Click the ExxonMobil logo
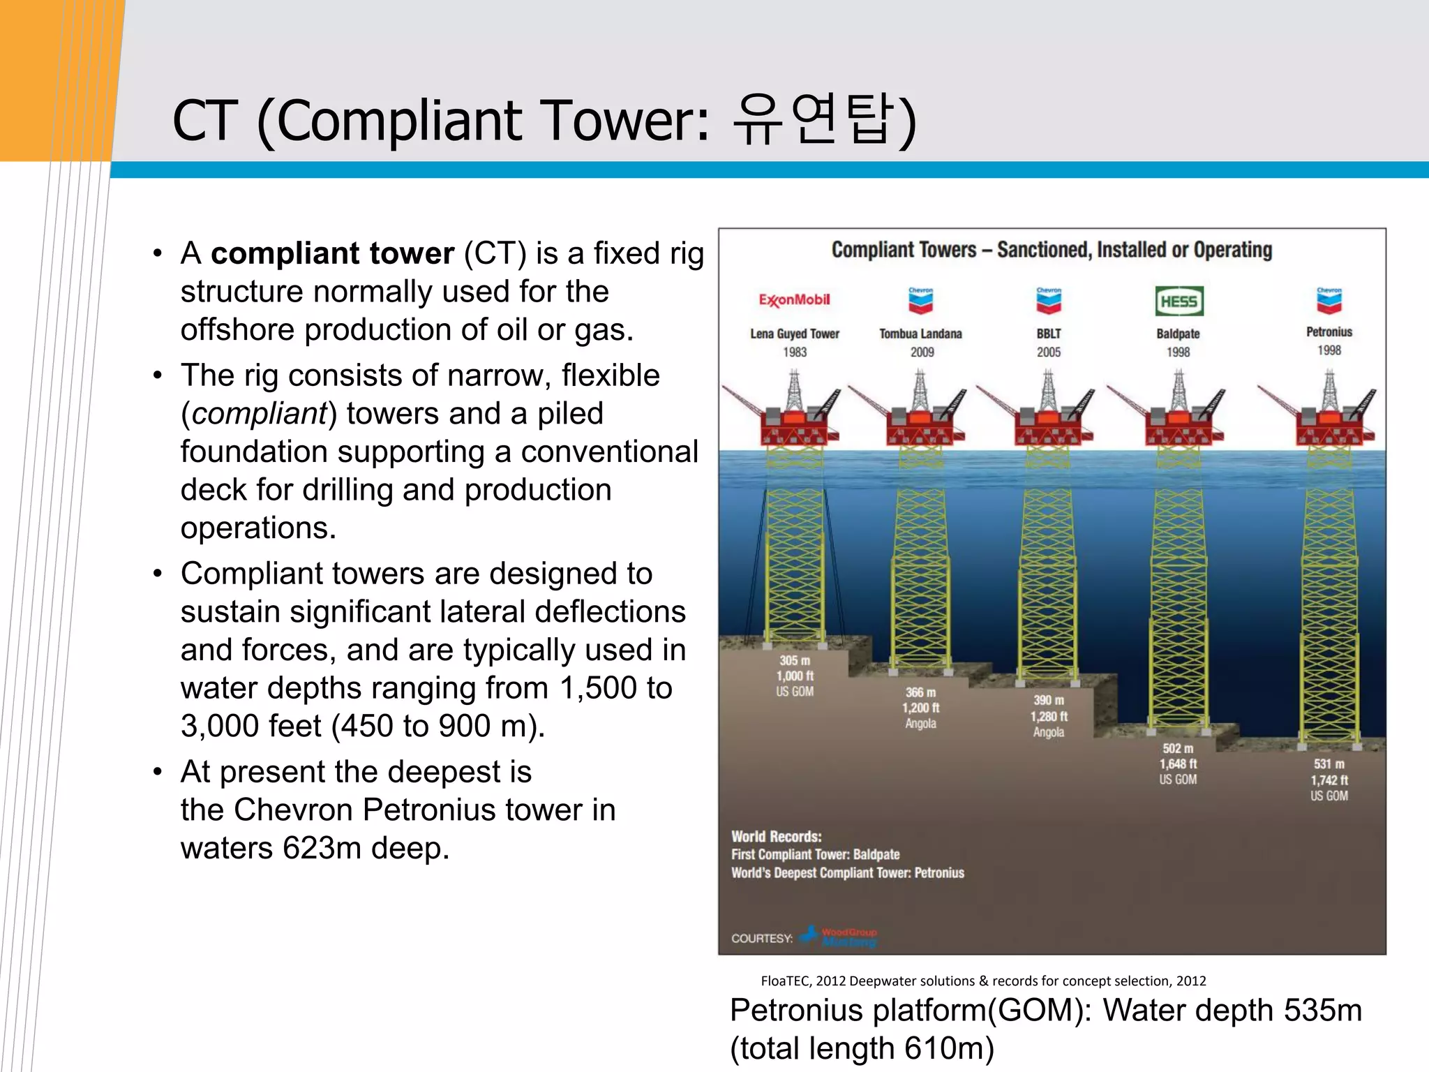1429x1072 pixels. pyautogui.click(x=794, y=300)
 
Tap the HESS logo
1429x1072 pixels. pyautogui.click(x=1179, y=301)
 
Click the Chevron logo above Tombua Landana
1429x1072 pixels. pyautogui.click(x=920, y=301)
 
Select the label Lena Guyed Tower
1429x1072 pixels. pyautogui.click(x=795, y=334)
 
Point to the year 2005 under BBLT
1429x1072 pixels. pyautogui.click(x=1048, y=352)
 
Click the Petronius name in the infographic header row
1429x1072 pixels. pyautogui.click(x=1329, y=332)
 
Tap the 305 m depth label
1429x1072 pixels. pyautogui.click(x=795, y=660)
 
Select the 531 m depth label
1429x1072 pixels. pyautogui.click(x=1329, y=764)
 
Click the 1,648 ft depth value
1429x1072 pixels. pyautogui.click(x=1178, y=764)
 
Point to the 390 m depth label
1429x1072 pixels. pyautogui.click(x=1048, y=700)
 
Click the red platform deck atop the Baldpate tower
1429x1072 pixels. pyautogui.click(x=1179, y=427)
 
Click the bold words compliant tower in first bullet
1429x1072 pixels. pyautogui.click(x=332, y=253)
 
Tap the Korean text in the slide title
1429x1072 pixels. pyautogui.click(x=814, y=120)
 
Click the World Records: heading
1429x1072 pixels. pyautogui.click(x=776, y=836)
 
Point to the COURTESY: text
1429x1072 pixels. pyautogui.click(x=761, y=939)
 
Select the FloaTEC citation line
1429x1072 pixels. pyautogui.click(x=982, y=981)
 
